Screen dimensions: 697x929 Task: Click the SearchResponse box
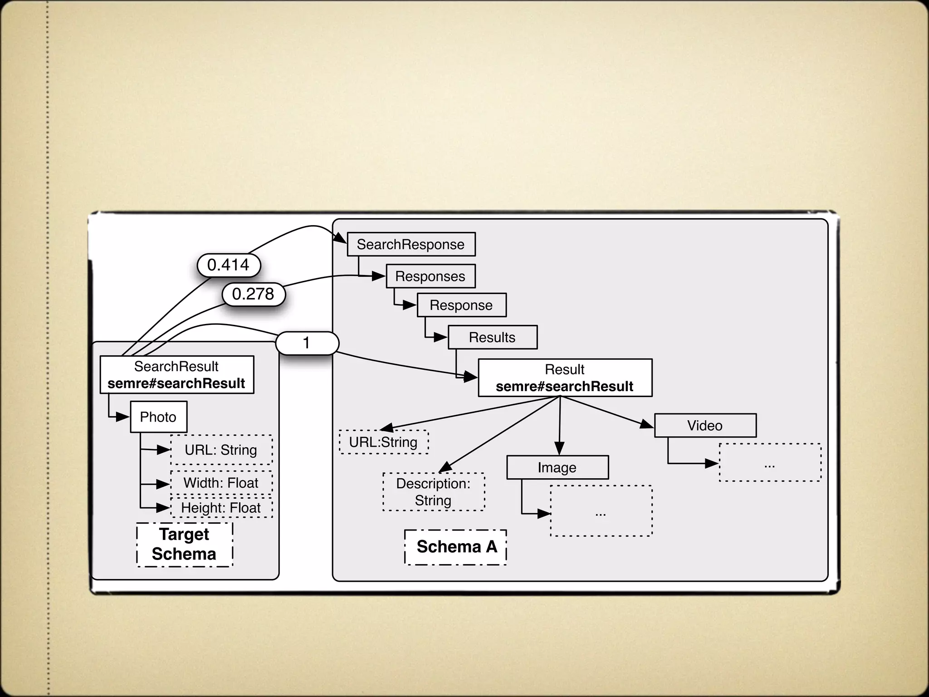411,245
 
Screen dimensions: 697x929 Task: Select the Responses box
430,276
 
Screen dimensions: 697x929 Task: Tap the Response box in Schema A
461,305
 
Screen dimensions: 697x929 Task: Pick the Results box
493,338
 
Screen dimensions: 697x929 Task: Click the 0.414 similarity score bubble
229,265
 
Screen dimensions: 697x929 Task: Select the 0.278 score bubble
254,294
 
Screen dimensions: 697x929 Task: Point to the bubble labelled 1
307,343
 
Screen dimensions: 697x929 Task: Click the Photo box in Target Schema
158,417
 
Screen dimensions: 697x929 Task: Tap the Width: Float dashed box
221,483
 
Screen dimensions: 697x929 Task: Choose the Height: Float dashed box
221,508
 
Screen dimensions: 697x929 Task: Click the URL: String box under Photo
221,450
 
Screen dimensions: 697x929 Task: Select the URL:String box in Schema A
384,442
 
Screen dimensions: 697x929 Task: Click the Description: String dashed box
434,492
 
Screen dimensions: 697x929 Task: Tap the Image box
557,468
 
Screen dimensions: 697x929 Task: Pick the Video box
705,426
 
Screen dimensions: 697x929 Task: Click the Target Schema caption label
184,545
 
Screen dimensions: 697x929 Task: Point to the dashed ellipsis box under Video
770,463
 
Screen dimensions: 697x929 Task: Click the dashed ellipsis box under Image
601,511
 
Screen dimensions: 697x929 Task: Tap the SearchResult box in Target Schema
177,375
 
